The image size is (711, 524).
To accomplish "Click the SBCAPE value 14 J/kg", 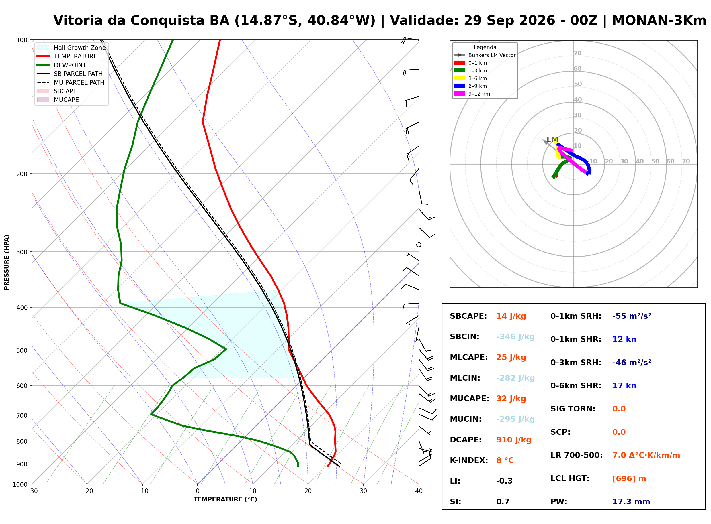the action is coord(511,316).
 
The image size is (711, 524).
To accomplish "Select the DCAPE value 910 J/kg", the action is coord(513,440).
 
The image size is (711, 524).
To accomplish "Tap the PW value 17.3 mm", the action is coord(631,502).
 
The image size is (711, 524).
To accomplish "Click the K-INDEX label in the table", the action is coord(469,460).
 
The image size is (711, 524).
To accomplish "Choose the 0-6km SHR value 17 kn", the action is coord(624,386).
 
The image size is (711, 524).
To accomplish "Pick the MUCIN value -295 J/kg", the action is coord(515,419).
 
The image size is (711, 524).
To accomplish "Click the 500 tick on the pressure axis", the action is coord(22,351).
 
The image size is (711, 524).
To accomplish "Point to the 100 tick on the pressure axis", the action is coord(22,40).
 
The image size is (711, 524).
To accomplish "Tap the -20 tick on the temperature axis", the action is coord(87,491).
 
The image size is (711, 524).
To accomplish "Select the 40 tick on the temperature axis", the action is coord(419,491).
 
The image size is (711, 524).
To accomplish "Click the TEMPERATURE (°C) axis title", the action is coord(225,500).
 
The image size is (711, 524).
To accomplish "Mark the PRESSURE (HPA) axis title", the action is coord(7,262).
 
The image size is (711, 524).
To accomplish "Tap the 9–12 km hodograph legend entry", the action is coord(472,94).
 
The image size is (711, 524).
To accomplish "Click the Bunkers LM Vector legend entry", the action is coord(485,55).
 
